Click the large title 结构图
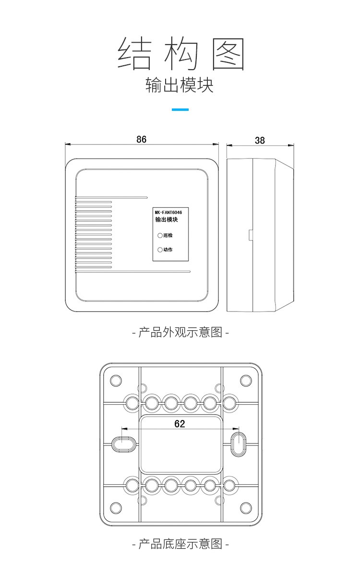pos(181,55)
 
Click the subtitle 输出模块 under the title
pos(180,85)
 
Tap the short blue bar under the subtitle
pos(180,110)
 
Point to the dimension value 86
pos(141,139)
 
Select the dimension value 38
pos(260,140)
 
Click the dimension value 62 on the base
pos(180,424)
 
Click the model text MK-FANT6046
pos(171,211)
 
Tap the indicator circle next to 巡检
pos(160,236)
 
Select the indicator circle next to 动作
pos(160,250)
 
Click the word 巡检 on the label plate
pos(168,236)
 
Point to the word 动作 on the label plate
pos(168,250)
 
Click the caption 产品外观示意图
pos(180,332)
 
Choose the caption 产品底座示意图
pos(180,544)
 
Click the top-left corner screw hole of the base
pos(116,381)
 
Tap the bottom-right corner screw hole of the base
pos(246,507)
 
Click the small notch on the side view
pos(251,234)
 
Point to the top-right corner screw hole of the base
pos(246,381)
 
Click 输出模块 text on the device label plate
pos(167,220)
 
